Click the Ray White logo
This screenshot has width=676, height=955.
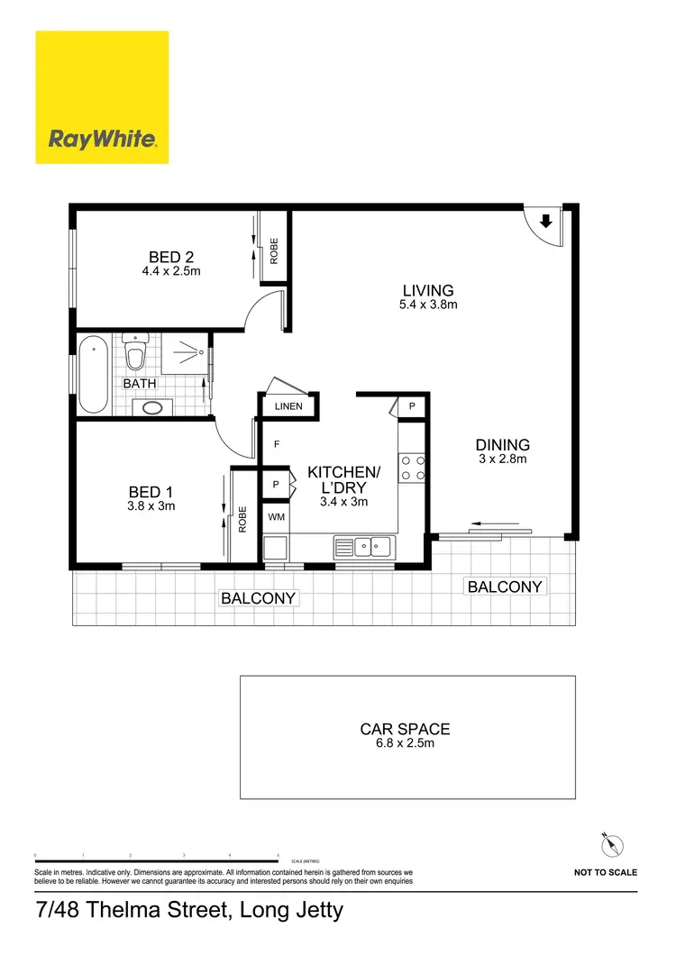click(x=102, y=97)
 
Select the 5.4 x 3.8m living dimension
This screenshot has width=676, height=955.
click(x=428, y=305)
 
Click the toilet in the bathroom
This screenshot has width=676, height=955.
click(x=135, y=354)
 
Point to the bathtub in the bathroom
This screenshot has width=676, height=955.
click(x=93, y=374)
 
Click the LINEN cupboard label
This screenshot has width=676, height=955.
click(x=288, y=406)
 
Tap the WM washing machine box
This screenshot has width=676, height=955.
click(x=275, y=518)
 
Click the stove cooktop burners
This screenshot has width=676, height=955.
click(x=412, y=467)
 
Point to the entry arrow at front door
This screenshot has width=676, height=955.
click(x=546, y=221)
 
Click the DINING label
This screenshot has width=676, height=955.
click(x=502, y=444)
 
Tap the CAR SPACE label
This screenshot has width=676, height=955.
click(x=405, y=729)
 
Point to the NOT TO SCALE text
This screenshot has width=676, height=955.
click(x=605, y=872)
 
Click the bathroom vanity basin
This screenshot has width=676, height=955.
click(x=152, y=407)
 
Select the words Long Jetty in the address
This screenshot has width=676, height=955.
click(x=290, y=910)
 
